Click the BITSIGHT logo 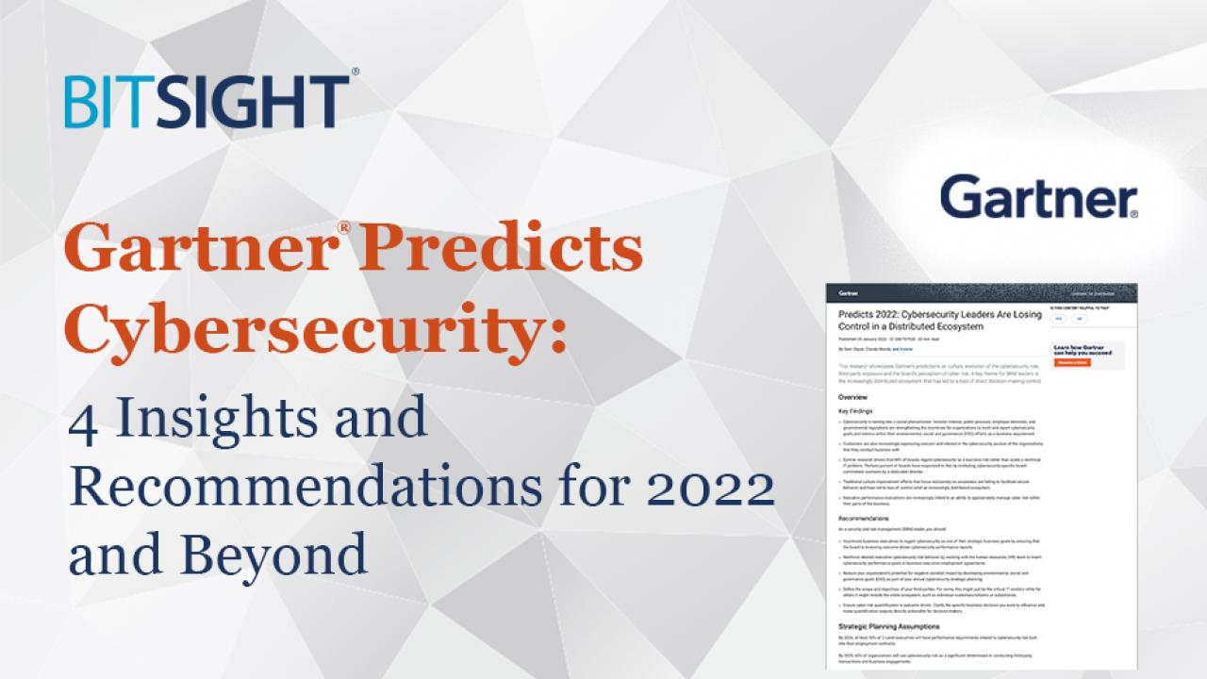(x=206, y=101)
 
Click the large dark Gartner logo (x=1038, y=199)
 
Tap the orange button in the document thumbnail (x=1073, y=362)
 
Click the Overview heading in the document (x=852, y=397)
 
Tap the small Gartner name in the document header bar (x=849, y=293)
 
